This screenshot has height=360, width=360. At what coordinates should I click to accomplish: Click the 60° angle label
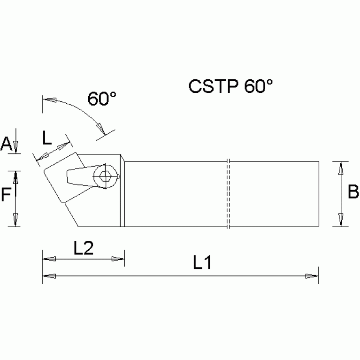[x=102, y=99]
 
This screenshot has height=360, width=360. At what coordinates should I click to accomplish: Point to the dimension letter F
[x=5, y=194]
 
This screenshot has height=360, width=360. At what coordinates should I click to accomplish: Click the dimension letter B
[x=353, y=192]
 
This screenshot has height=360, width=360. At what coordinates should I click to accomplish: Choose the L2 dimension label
[x=84, y=247]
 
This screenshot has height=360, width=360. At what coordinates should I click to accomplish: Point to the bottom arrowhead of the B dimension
[x=341, y=220]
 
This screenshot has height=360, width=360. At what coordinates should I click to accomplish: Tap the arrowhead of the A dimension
[x=16, y=146]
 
